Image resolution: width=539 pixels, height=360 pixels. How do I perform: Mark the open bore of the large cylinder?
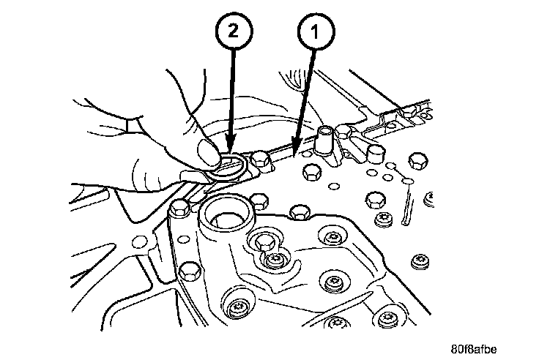tap(228, 217)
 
